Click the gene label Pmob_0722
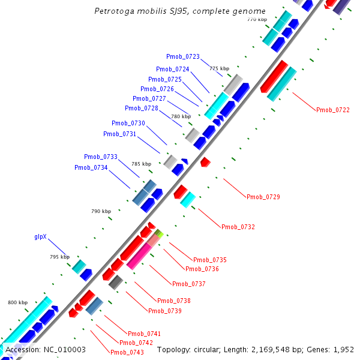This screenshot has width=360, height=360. click(x=332, y=110)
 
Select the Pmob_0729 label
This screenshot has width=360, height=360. click(x=263, y=197)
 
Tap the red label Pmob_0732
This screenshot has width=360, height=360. click(x=238, y=227)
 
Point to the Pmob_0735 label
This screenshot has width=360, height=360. click(x=209, y=260)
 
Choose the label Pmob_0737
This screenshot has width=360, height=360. click(x=188, y=284)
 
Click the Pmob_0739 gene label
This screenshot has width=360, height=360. click(x=164, y=311)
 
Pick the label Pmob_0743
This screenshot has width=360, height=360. click(x=127, y=352)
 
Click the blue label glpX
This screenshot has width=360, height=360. click(x=40, y=237)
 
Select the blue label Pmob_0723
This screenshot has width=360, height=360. click(x=184, y=56)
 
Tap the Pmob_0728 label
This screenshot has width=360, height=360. click(x=142, y=108)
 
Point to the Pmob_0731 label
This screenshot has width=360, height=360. click(x=119, y=134)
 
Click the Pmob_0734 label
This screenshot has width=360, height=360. click(x=91, y=167)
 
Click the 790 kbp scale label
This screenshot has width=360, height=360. click(x=101, y=211)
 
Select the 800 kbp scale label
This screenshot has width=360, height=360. click(x=18, y=302)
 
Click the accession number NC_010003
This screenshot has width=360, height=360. click(x=64, y=349)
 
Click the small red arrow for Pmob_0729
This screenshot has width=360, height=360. click(x=205, y=162)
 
